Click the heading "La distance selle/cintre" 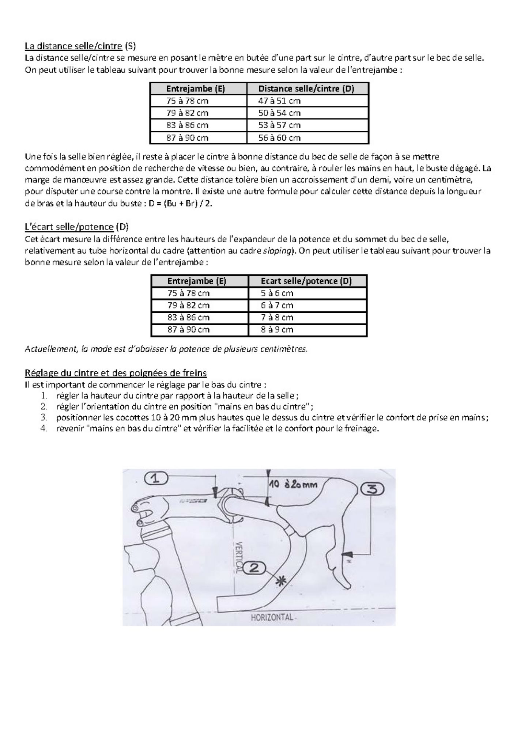click(x=73, y=46)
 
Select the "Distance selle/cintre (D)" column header click(x=306, y=89)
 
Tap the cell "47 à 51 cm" click(x=279, y=101)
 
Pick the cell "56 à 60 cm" click(x=279, y=138)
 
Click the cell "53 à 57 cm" click(x=279, y=125)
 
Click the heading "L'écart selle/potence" click(x=69, y=227)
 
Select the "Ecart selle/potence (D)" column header click(x=306, y=281)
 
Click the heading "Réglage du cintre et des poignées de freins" click(x=116, y=373)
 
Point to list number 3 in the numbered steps click(x=44, y=417)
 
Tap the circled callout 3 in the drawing click(x=372, y=489)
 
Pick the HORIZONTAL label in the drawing click(x=272, y=617)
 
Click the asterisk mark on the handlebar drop click(x=281, y=581)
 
